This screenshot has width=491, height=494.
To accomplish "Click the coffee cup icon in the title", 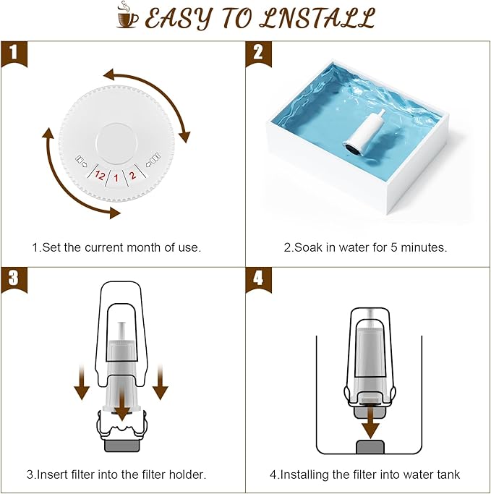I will click(127, 17).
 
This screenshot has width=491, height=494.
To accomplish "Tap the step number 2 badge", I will click(257, 53).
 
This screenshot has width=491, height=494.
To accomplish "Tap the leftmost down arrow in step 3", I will click(82, 383).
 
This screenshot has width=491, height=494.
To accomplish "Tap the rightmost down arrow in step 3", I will click(161, 383).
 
